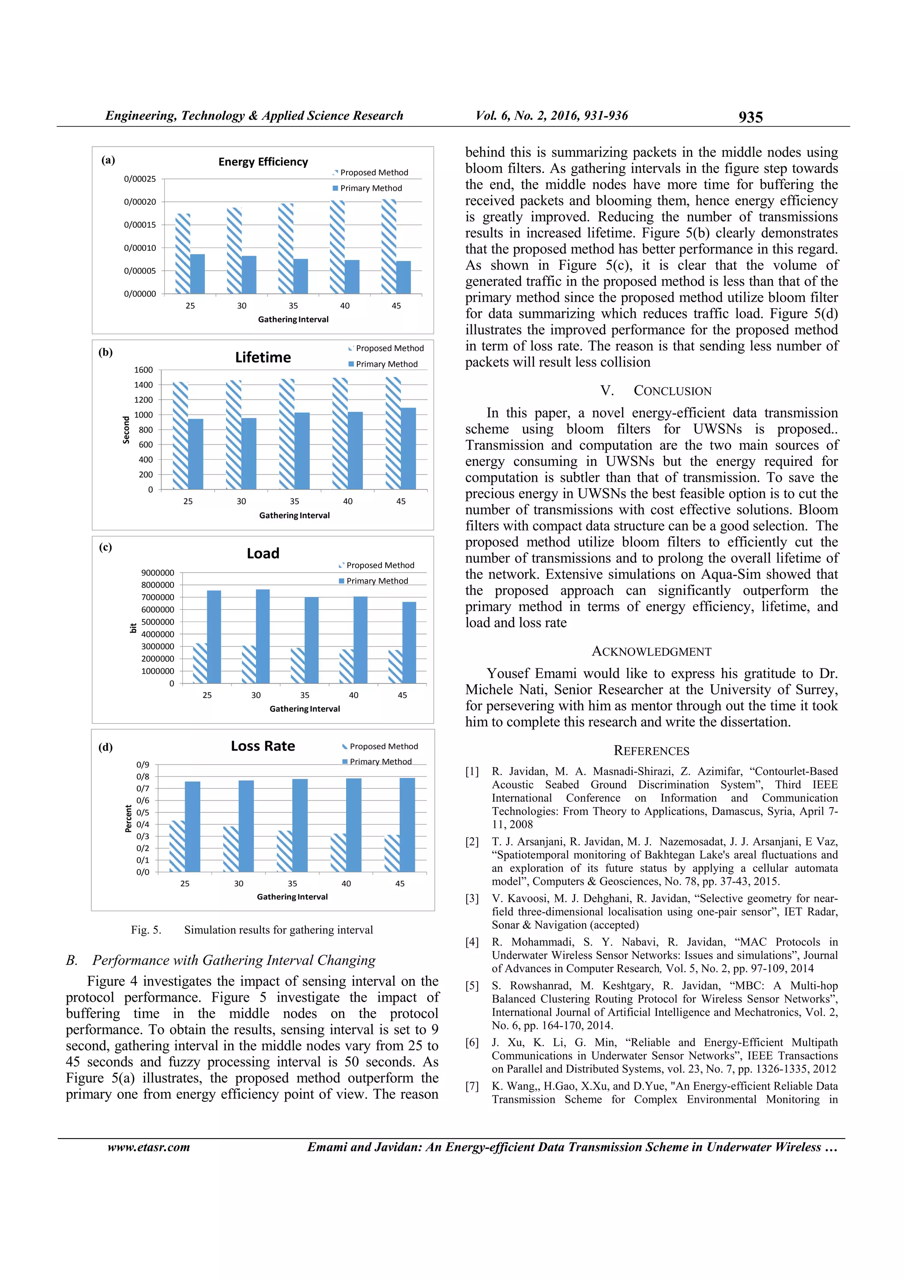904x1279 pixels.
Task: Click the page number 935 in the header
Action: [x=750, y=117]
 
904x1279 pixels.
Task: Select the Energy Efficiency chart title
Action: [x=263, y=162]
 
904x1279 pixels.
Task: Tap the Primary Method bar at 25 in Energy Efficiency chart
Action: [x=197, y=274]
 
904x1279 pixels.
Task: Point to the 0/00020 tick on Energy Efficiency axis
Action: [x=140, y=202]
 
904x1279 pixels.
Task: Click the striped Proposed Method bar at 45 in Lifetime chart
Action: [x=393, y=434]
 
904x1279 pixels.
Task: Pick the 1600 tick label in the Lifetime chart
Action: [x=143, y=370]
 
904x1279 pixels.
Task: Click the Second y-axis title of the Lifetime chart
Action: [x=126, y=430]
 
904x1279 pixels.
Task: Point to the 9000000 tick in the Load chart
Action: [x=158, y=573]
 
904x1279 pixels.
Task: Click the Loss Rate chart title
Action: [x=263, y=746]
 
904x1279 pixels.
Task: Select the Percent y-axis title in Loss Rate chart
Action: [x=128, y=819]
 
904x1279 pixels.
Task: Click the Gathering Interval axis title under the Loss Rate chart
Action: [x=292, y=896]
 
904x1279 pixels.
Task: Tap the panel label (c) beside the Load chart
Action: [x=105, y=547]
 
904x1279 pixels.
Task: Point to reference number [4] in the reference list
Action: [x=472, y=942]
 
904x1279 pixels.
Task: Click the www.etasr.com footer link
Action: [x=148, y=1147]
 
